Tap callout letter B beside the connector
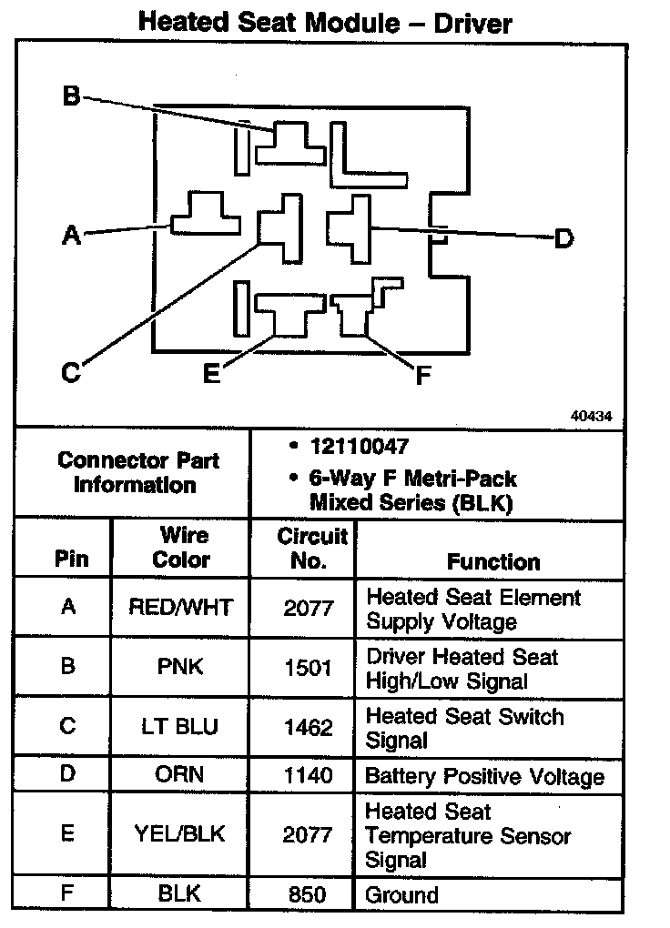[x=72, y=96]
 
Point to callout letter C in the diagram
[x=71, y=372]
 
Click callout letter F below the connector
[x=421, y=375]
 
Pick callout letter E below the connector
[x=211, y=373]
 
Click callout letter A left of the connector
[x=71, y=236]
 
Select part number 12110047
[x=359, y=447]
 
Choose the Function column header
[x=492, y=562]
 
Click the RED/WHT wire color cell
[x=180, y=608]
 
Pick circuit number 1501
[x=308, y=668]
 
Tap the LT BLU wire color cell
[x=180, y=728]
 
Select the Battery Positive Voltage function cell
[x=484, y=777]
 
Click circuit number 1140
[x=308, y=776]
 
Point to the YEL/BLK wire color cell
[x=180, y=833]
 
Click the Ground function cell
[x=401, y=895]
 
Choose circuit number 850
[x=308, y=895]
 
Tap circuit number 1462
[x=308, y=728]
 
